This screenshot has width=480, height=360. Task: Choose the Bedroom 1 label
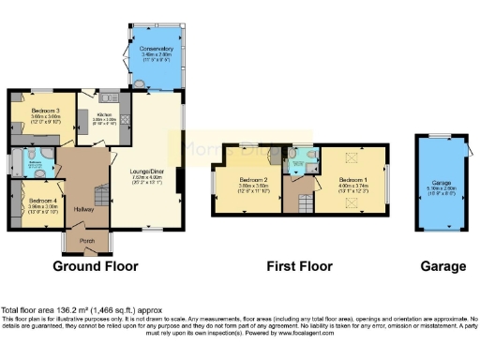[352, 179]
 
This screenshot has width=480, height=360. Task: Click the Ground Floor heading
[95, 266]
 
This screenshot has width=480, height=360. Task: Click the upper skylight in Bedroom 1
[352, 159]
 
